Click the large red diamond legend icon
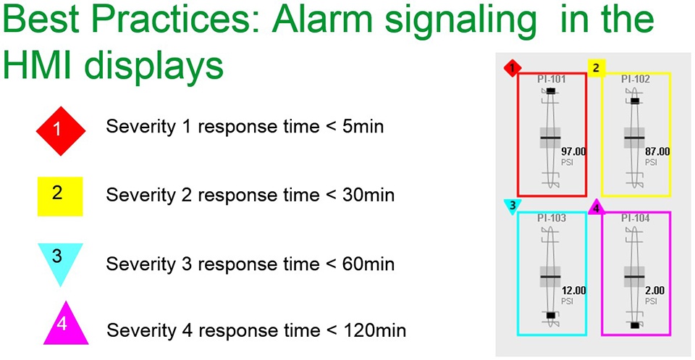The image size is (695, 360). pyautogui.click(x=61, y=131)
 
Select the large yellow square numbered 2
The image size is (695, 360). pyautogui.click(x=60, y=196)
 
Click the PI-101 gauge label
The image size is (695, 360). pyautogui.click(x=552, y=80)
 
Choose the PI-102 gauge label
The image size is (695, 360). pyautogui.click(x=635, y=80)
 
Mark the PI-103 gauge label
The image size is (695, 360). pyautogui.click(x=552, y=218)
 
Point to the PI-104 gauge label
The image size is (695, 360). pyautogui.click(x=635, y=218)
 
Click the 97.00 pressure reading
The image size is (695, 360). pyautogui.click(x=573, y=152)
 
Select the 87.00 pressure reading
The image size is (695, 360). pyautogui.click(x=657, y=152)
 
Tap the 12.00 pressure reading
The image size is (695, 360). pyautogui.click(x=573, y=291)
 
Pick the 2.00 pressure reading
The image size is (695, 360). pyautogui.click(x=654, y=291)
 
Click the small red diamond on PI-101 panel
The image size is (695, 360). pyautogui.click(x=513, y=68)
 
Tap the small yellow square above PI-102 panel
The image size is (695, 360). pyautogui.click(x=596, y=68)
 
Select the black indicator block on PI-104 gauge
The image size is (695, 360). pyautogui.click(x=635, y=325)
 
